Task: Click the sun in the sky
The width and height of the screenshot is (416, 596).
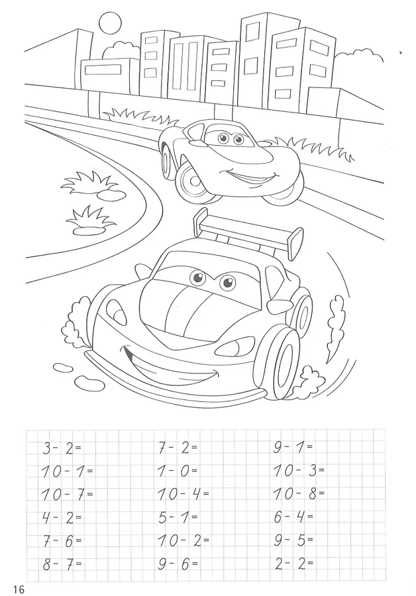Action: coord(110,23)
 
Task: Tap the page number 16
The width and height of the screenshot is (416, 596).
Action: coord(19,589)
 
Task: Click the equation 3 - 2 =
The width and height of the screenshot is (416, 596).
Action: coord(62,448)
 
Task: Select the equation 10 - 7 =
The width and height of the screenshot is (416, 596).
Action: coord(67,495)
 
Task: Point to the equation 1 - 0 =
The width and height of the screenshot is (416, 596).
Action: coord(178,472)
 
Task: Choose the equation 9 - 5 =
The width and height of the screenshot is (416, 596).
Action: coord(293,540)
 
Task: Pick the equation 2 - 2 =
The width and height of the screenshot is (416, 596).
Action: coord(293,564)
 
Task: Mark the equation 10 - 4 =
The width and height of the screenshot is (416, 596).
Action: coord(183,495)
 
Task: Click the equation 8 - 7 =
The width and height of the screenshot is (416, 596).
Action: coord(62,564)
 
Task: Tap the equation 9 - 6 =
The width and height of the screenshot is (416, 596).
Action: coord(178,564)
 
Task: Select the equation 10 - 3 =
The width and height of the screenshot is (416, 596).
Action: coord(299,472)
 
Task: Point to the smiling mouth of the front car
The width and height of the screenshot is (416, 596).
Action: coord(171,368)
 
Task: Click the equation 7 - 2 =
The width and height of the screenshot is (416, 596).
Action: coord(178,448)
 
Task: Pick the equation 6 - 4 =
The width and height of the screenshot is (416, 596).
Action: coord(293,517)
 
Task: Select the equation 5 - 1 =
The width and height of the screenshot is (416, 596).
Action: coord(178,517)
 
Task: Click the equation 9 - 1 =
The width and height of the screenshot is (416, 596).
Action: coord(293,448)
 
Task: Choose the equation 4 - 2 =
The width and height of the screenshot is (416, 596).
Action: coord(62,517)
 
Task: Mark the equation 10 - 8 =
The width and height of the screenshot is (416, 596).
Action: coord(299,495)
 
